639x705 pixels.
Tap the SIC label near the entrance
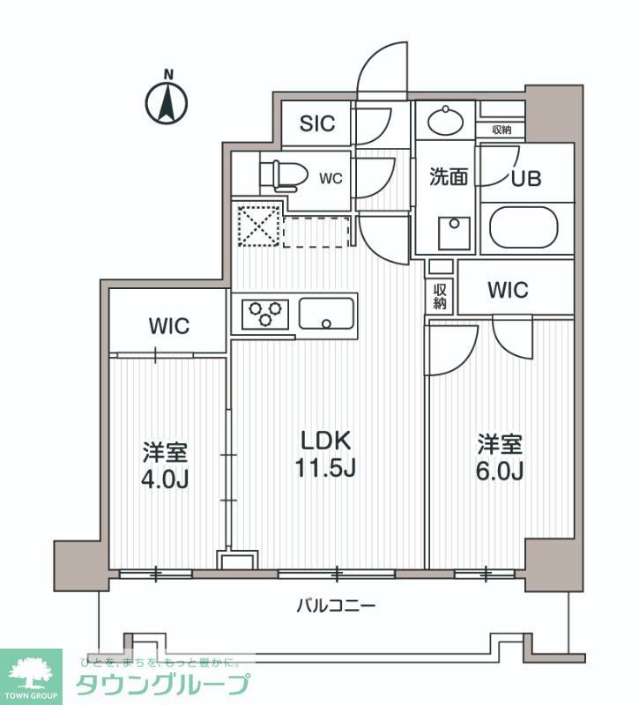click(x=317, y=123)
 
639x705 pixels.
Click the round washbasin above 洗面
click(x=445, y=118)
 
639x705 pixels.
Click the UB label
click(x=526, y=177)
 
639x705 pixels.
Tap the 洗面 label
click(x=448, y=177)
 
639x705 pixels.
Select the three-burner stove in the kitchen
click(x=265, y=313)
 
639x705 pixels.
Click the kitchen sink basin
click(x=327, y=312)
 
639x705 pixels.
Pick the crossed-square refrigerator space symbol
click(x=256, y=225)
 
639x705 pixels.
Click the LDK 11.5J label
click(x=325, y=454)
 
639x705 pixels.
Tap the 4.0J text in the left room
click(x=166, y=480)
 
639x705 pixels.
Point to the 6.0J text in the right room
click(x=501, y=471)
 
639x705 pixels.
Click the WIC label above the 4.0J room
click(x=168, y=325)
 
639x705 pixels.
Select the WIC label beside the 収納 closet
click(x=507, y=289)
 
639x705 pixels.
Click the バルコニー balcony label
click(x=336, y=605)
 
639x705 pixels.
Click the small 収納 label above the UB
click(x=502, y=130)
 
